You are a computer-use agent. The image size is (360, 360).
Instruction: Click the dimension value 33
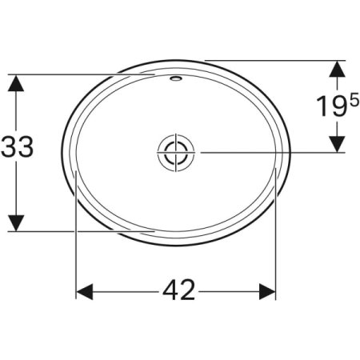[x=17, y=150]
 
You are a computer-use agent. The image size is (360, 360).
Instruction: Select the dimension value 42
[x=177, y=290]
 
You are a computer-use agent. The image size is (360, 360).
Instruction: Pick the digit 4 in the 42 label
[x=167, y=290]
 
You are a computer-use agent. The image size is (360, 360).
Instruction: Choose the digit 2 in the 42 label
[x=186, y=290]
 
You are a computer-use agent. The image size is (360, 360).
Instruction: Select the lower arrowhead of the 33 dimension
[x=17, y=222]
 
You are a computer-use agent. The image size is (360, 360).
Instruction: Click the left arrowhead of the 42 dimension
[x=86, y=290]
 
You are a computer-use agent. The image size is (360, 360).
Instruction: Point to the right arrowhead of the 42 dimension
[x=266, y=290]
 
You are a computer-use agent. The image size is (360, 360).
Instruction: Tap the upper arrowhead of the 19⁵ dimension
[x=338, y=70]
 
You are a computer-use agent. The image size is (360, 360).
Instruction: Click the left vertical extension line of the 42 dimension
[x=76, y=240]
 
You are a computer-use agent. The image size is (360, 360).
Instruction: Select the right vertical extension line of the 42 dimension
[x=276, y=240]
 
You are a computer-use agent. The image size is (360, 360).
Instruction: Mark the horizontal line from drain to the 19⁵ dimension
[x=264, y=151]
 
